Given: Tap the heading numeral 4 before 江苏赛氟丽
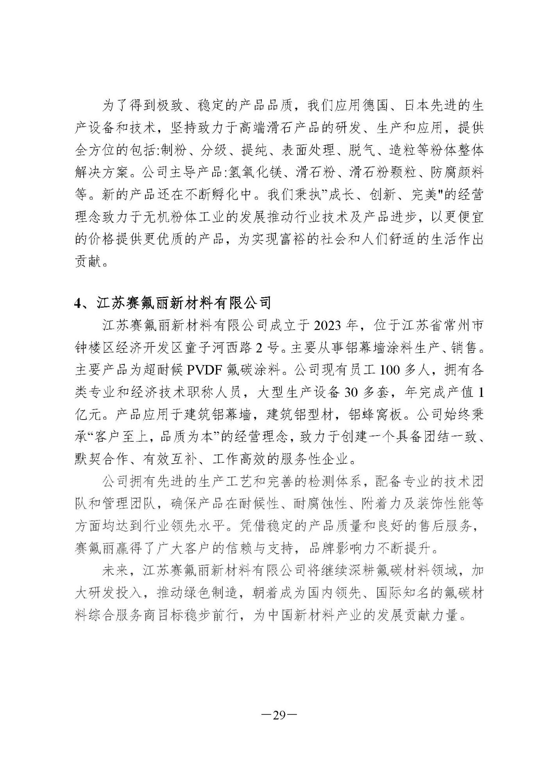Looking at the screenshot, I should click(x=77, y=303).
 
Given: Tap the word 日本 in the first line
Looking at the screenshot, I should click(x=409, y=106).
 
